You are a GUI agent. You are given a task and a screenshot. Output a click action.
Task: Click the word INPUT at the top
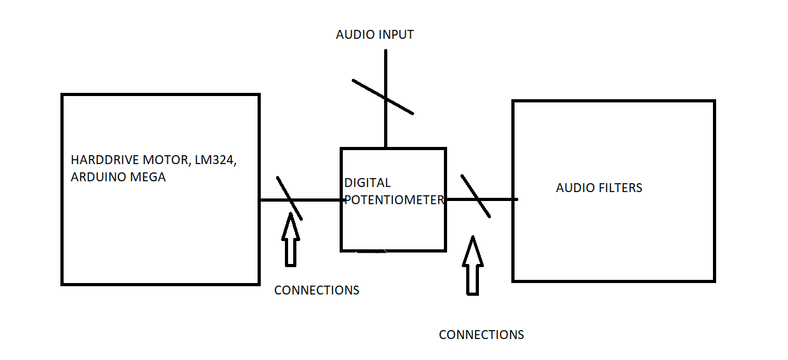(397, 35)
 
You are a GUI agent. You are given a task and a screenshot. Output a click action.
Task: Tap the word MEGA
(148, 177)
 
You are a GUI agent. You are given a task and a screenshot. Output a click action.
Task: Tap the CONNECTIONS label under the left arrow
(317, 291)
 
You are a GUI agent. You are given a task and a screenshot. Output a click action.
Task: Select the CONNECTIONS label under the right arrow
(481, 335)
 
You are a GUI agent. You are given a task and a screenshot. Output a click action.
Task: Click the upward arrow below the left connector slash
(291, 242)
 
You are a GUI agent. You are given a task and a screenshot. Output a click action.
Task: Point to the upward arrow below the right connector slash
(472, 267)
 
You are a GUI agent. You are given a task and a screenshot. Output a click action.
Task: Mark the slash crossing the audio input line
(383, 97)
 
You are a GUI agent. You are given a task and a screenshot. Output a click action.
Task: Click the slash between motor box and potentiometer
(289, 198)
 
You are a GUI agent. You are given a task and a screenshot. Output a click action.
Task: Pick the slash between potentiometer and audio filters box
(476, 197)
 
